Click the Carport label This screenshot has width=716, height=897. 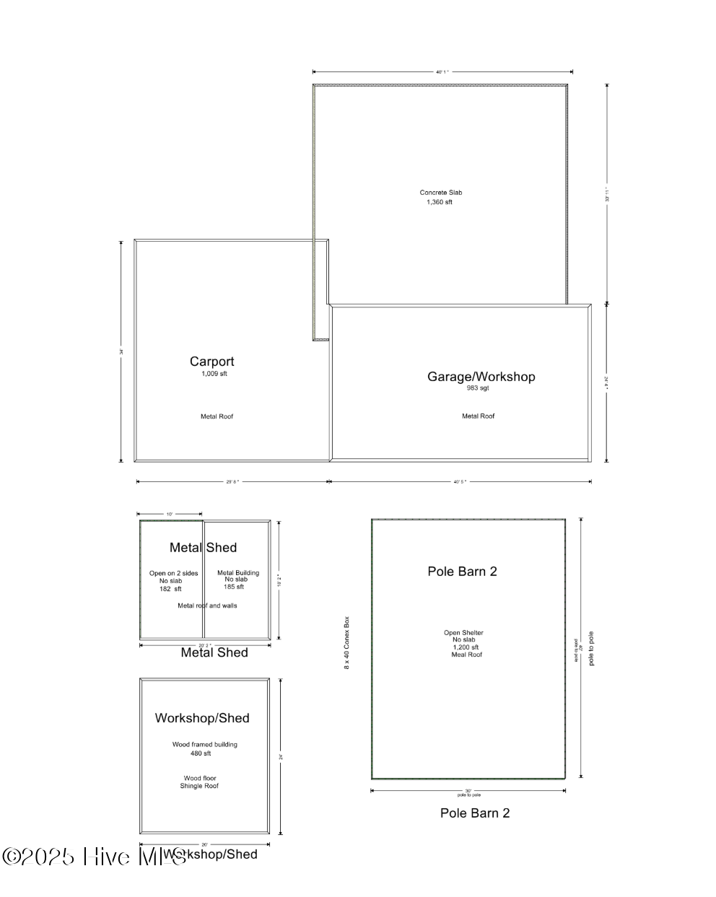[x=211, y=362]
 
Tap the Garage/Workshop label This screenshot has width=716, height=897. [x=481, y=377]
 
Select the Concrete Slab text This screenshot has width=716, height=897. [x=440, y=193]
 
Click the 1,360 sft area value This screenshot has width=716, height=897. [x=440, y=202]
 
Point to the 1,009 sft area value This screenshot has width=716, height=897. [x=214, y=374]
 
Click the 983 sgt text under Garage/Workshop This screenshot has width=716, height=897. [x=478, y=388]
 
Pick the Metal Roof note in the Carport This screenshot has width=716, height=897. [x=217, y=416]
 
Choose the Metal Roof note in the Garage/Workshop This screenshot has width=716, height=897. [x=478, y=416]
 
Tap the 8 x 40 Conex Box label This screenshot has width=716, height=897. [x=346, y=642]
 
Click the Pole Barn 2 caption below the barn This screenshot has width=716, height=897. [x=475, y=813]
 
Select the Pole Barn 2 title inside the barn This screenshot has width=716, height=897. [x=462, y=572]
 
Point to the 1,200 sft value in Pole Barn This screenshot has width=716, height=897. [x=466, y=647]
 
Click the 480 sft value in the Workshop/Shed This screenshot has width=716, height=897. [x=201, y=753]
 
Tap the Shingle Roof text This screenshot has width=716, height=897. [x=199, y=786]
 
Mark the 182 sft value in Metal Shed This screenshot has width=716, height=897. [x=170, y=589]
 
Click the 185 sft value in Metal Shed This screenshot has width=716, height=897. [x=234, y=587]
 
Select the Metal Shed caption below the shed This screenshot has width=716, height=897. [x=214, y=652]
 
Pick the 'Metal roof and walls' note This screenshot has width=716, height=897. [x=207, y=605]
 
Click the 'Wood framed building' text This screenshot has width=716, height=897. [x=204, y=745]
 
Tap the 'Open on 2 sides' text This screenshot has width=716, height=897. [x=173, y=574]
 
